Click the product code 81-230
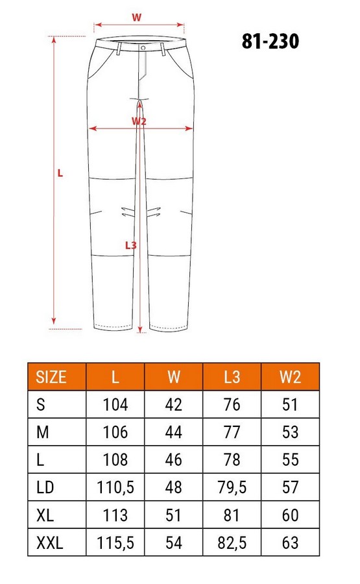270,42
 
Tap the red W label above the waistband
137,18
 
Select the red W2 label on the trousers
139,121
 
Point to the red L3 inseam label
131,245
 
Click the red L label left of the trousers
60,173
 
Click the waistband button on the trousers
143,47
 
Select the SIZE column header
51,377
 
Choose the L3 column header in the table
232,377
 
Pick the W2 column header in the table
290,377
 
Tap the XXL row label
50,542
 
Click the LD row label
46,487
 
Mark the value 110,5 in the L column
115,487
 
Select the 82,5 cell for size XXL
232,542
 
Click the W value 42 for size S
174,405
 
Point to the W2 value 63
290,542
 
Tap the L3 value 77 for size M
232,432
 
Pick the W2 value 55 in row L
290,459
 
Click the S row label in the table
41,405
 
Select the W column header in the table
174,377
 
